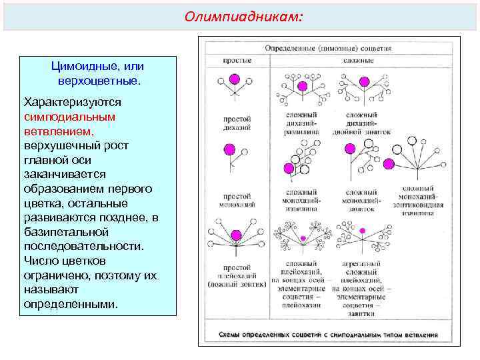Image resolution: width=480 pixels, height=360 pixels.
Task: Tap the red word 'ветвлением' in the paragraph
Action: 58,130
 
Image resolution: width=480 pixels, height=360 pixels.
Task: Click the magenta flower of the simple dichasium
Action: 234,79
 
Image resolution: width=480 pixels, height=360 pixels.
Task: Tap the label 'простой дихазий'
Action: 236,123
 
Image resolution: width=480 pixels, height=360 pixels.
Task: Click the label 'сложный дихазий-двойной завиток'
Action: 363,123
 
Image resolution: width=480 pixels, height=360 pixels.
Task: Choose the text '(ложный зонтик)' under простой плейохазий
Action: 237,285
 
